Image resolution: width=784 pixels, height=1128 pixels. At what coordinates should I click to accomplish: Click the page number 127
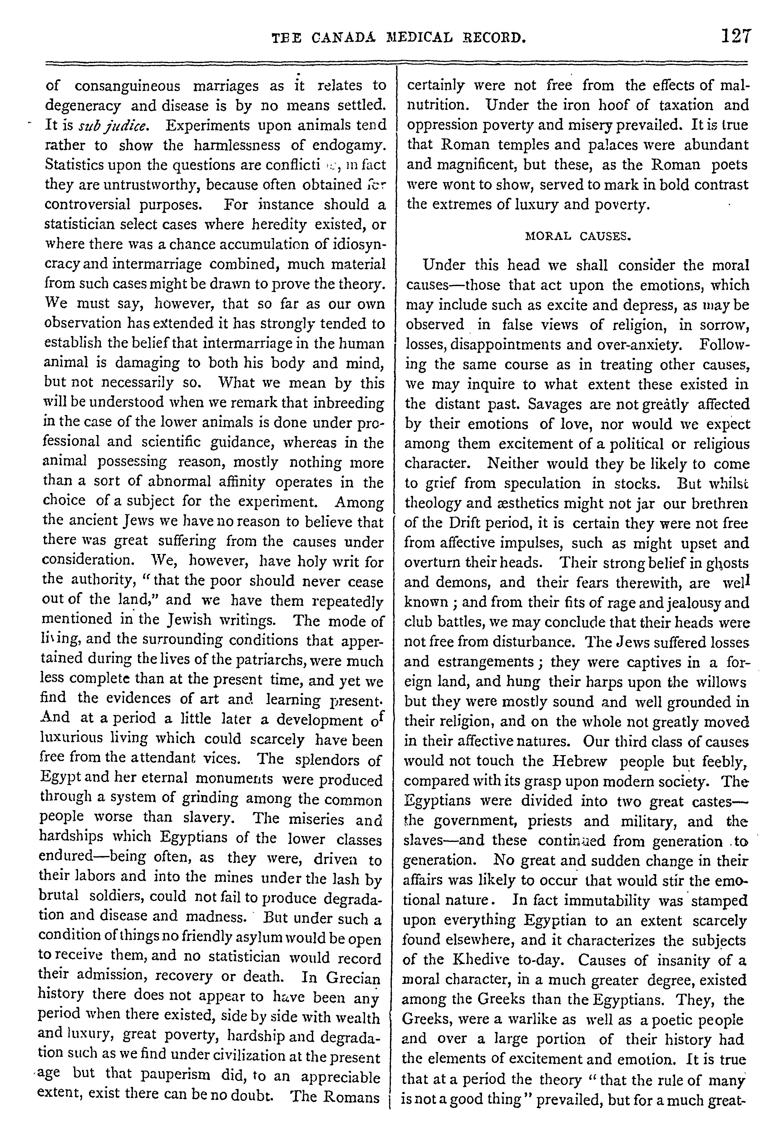[735, 37]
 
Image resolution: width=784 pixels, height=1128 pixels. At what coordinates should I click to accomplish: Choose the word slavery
[201, 817]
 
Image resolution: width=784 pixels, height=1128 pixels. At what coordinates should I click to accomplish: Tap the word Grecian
[355, 978]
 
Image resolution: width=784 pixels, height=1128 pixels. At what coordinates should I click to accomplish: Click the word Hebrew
[580, 761]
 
